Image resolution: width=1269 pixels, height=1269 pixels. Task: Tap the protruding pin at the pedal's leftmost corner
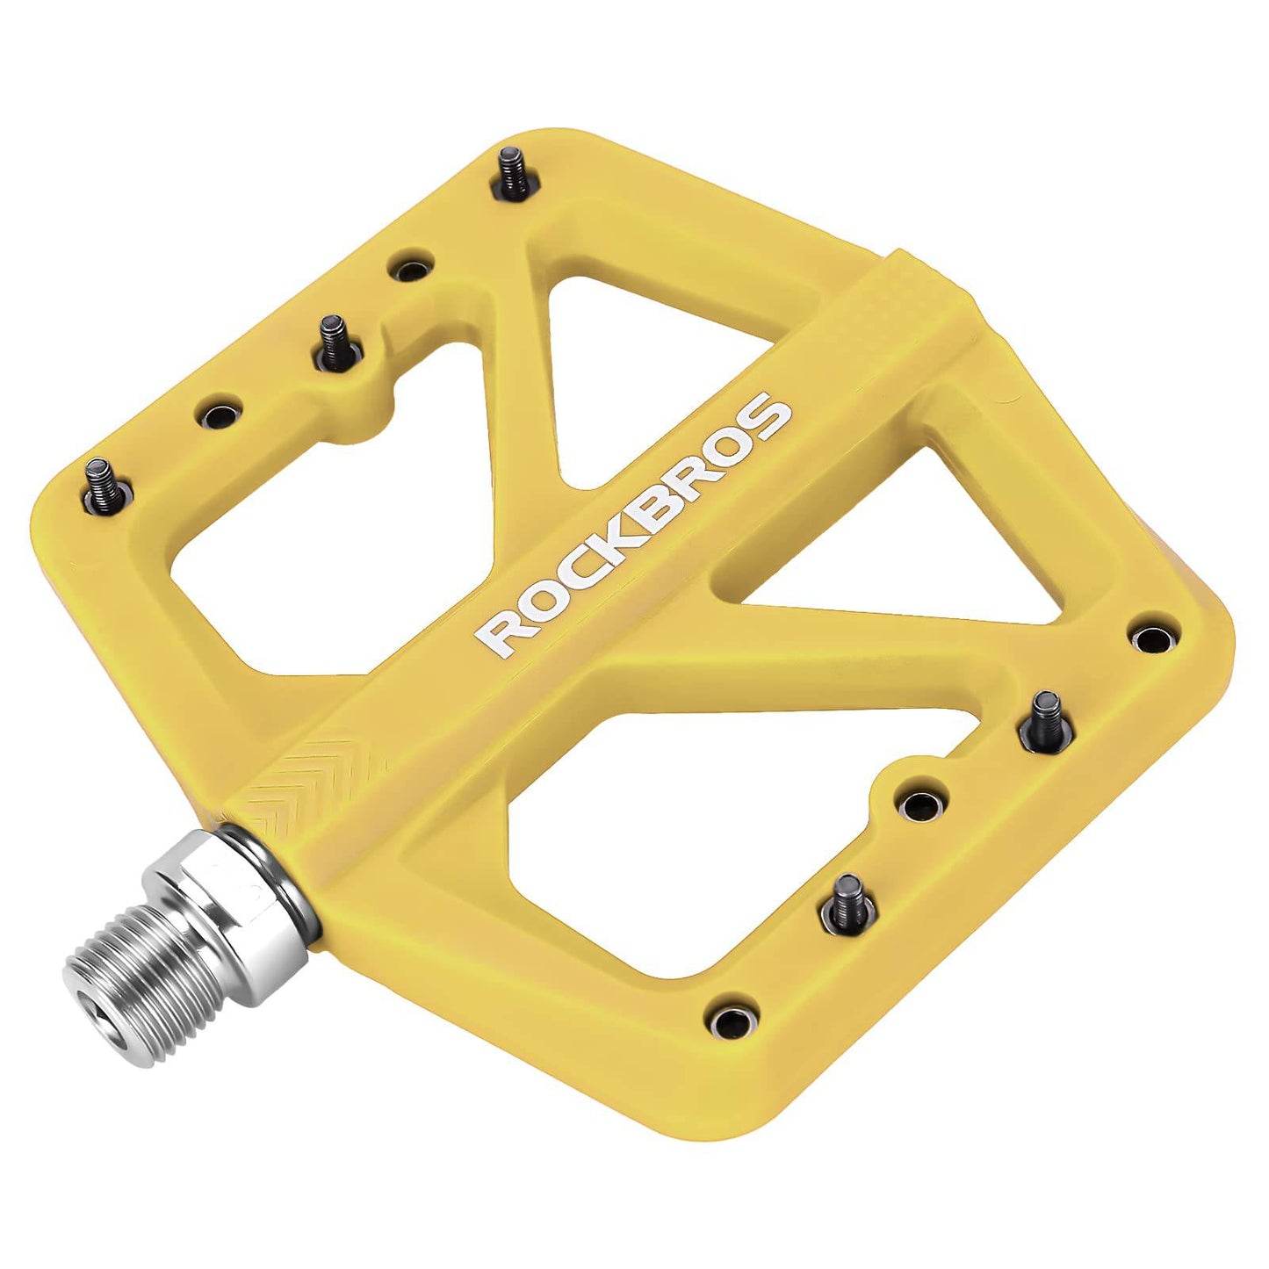[102, 481]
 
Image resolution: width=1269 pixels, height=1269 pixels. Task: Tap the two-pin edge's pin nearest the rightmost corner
[1045, 714]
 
